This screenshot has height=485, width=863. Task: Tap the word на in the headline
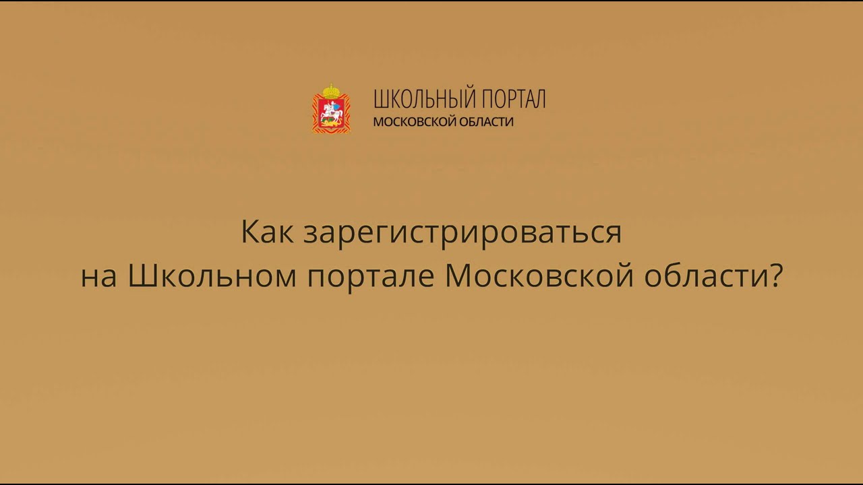pyautogui.click(x=98, y=277)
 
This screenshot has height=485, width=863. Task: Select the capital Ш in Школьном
pyautogui.click(x=140, y=276)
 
